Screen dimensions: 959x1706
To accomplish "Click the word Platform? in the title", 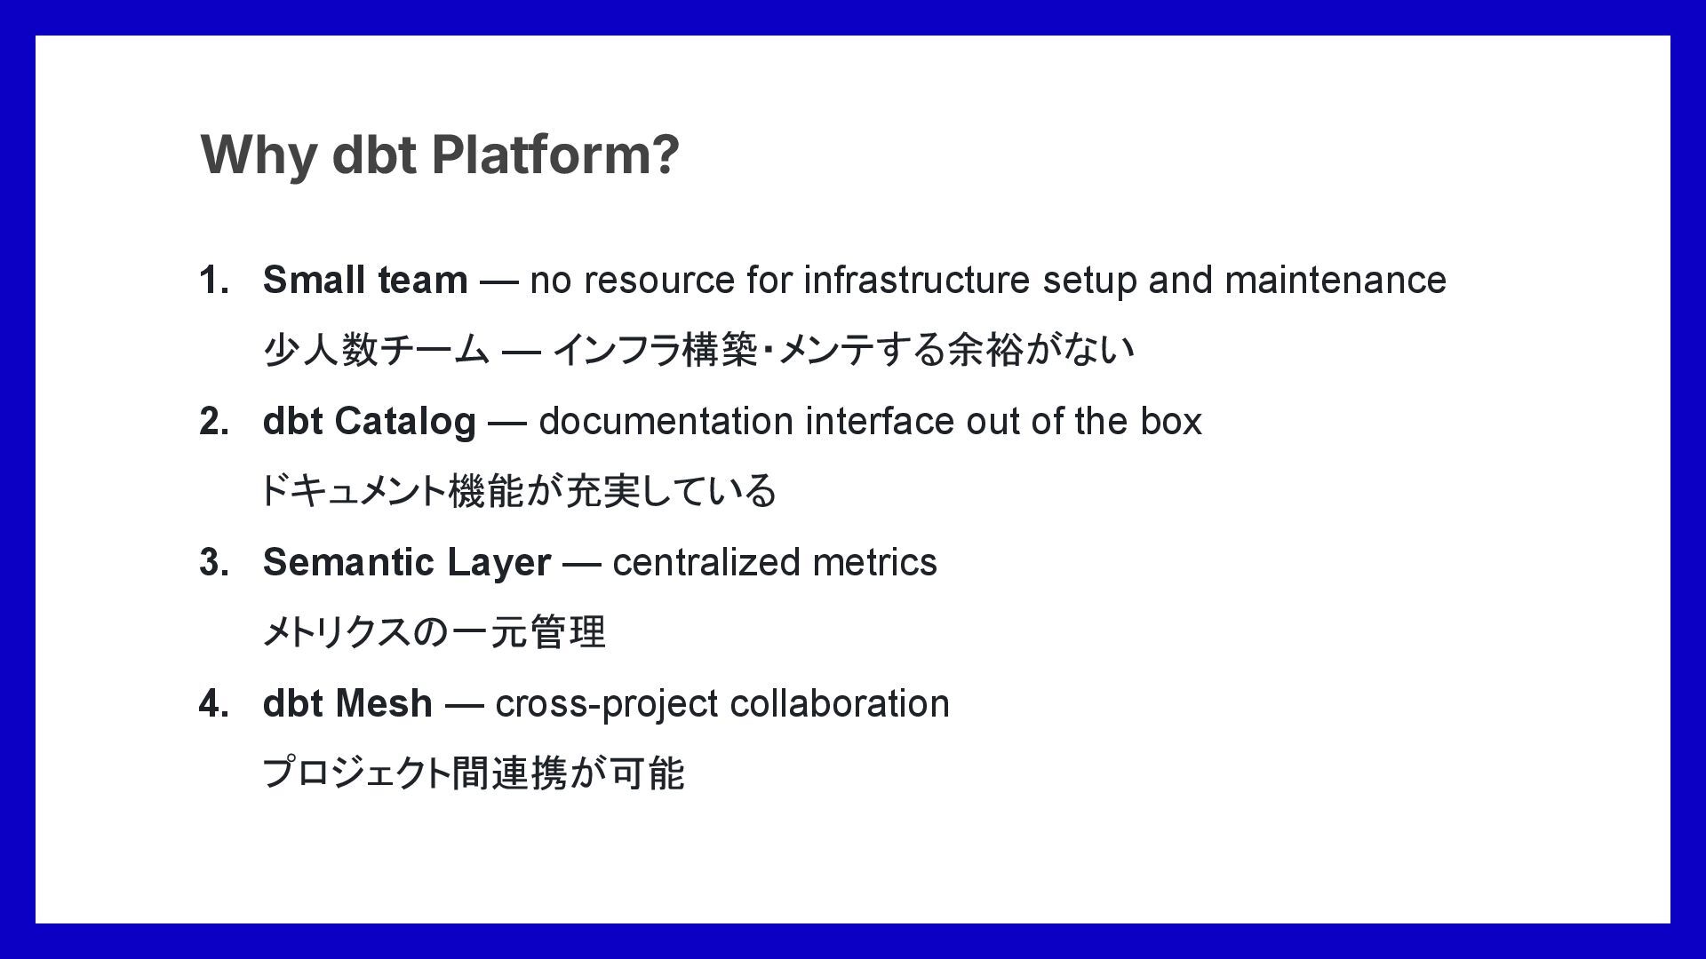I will (555, 155).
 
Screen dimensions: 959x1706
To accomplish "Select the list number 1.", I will (213, 281).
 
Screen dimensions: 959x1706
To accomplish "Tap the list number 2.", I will (213, 422).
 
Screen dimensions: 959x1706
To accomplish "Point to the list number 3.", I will (213, 563).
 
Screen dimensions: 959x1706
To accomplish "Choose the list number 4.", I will (213, 704).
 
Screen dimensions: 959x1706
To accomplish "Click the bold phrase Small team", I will (365, 281).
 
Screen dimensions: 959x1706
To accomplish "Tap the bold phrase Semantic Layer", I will (407, 563).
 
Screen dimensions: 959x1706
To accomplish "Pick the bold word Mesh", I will (385, 704).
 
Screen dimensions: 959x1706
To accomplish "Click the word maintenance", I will (1335, 281).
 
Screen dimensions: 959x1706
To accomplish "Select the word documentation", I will (666, 422).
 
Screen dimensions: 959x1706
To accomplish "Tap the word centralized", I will (706, 563).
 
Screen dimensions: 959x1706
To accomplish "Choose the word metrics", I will (874, 563).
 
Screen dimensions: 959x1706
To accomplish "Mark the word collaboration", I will (840, 704).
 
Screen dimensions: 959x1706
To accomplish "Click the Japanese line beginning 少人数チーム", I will (698, 350).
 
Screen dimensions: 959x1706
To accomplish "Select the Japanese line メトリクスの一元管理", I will (434, 633).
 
